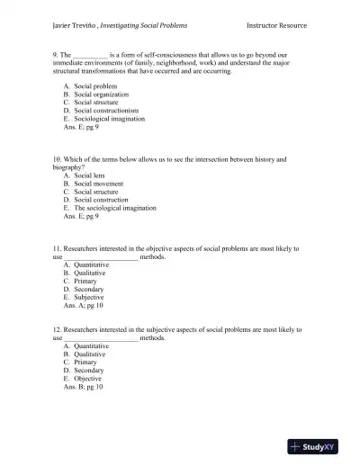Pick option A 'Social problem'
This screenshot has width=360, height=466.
[x=93, y=85]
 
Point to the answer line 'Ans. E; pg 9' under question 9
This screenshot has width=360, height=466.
[x=81, y=126]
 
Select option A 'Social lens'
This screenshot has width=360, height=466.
[x=90, y=175]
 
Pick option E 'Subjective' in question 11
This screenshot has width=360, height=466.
[x=88, y=297]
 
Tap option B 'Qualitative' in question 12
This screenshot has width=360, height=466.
[x=89, y=354]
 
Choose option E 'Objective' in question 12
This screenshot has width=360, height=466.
[x=87, y=379]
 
